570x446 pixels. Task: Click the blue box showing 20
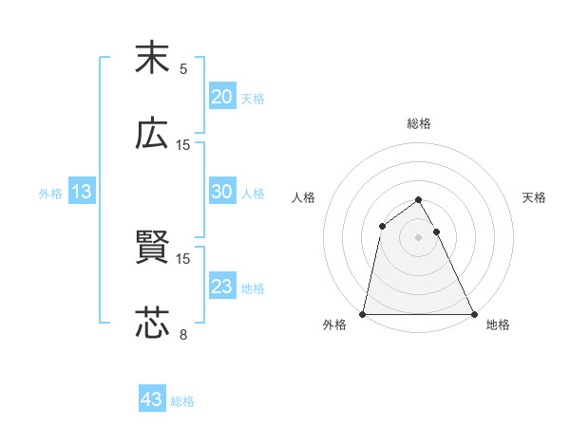[x=221, y=97]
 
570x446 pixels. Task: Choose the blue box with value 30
[x=221, y=192]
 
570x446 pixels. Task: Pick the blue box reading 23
[x=221, y=287]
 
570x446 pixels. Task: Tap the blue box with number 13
[x=82, y=192]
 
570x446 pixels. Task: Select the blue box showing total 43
[x=152, y=400]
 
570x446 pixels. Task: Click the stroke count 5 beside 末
[x=183, y=68]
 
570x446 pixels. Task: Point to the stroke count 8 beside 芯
[x=183, y=334]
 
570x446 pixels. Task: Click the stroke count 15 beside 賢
[x=183, y=258]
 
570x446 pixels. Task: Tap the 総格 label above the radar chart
[x=419, y=123]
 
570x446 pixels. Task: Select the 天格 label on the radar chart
[x=535, y=197]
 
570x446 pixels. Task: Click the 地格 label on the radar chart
[x=498, y=325]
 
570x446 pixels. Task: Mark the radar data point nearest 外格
[x=363, y=314]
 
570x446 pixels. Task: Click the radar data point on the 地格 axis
[x=474, y=314]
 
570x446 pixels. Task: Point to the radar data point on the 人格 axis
[x=382, y=226]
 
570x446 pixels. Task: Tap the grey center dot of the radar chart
[x=419, y=237]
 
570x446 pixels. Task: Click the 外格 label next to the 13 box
[x=50, y=193]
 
